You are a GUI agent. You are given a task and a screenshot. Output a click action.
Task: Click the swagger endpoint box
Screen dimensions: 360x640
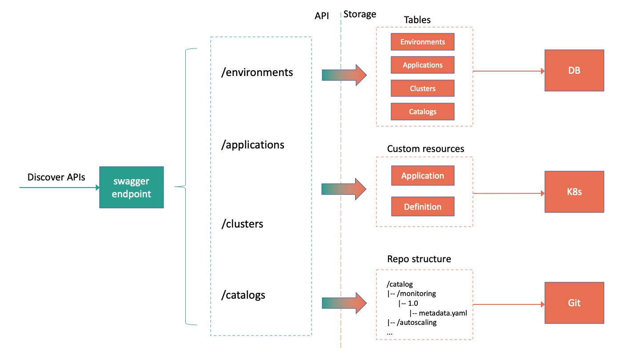click(131, 187)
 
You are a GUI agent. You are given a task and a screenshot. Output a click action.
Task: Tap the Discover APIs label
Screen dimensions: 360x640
click(56, 177)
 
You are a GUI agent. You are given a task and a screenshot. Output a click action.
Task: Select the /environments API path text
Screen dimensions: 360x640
click(257, 72)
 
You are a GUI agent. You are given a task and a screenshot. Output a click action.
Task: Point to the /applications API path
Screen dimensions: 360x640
click(252, 144)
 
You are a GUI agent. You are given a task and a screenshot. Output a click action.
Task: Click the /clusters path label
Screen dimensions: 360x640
click(242, 224)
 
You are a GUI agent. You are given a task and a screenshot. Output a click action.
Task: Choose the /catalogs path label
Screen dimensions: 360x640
click(243, 295)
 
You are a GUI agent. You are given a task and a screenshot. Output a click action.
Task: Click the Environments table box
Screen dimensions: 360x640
click(422, 42)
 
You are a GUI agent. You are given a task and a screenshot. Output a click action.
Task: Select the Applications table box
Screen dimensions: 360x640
click(422, 65)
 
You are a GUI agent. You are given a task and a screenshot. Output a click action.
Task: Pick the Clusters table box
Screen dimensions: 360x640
click(422, 88)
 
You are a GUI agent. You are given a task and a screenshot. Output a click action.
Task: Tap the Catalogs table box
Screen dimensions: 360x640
click(422, 112)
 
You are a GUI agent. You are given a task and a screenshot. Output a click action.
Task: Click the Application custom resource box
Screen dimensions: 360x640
click(422, 176)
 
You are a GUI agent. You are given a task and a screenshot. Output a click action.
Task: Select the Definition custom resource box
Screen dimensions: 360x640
click(422, 207)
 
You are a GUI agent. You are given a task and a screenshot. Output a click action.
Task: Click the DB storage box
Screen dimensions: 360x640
click(574, 70)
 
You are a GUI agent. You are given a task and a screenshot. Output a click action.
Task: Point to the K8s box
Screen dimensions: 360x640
click(574, 193)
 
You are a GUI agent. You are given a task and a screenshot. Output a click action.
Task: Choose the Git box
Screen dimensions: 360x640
click(574, 303)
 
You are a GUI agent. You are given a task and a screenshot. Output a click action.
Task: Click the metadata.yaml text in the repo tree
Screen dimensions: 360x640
click(443, 313)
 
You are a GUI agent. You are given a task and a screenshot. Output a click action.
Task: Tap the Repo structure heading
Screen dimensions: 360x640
click(419, 259)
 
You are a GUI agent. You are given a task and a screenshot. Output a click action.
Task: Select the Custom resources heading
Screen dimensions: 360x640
click(425, 149)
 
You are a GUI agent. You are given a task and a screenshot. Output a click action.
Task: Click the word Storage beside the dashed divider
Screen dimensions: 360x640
click(360, 14)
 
